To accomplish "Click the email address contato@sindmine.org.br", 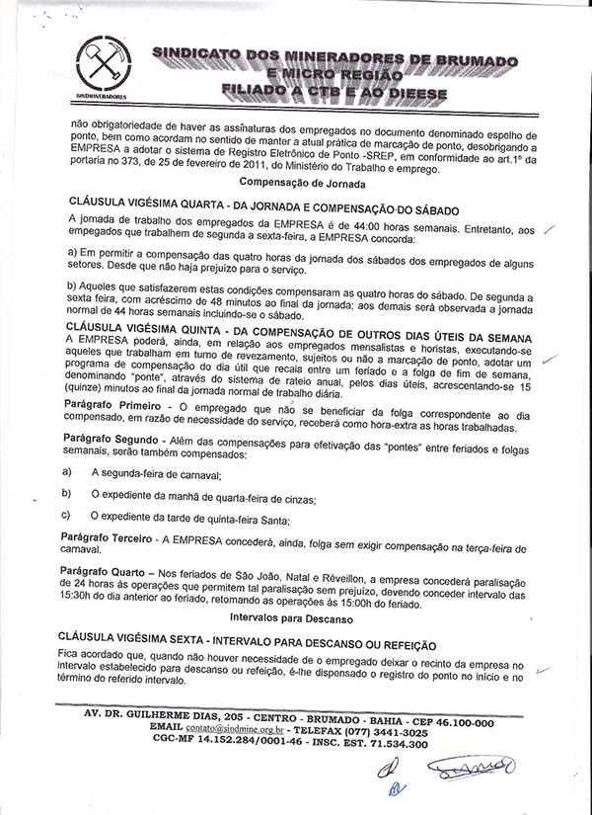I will click(x=232, y=724).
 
